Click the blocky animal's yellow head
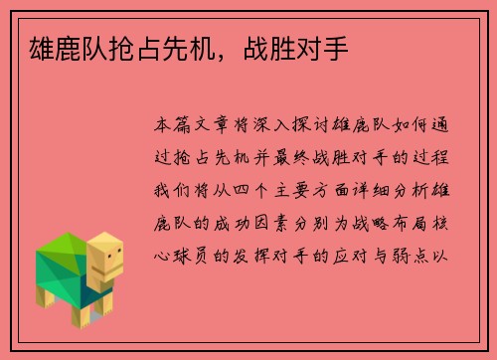tap(106, 258)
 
